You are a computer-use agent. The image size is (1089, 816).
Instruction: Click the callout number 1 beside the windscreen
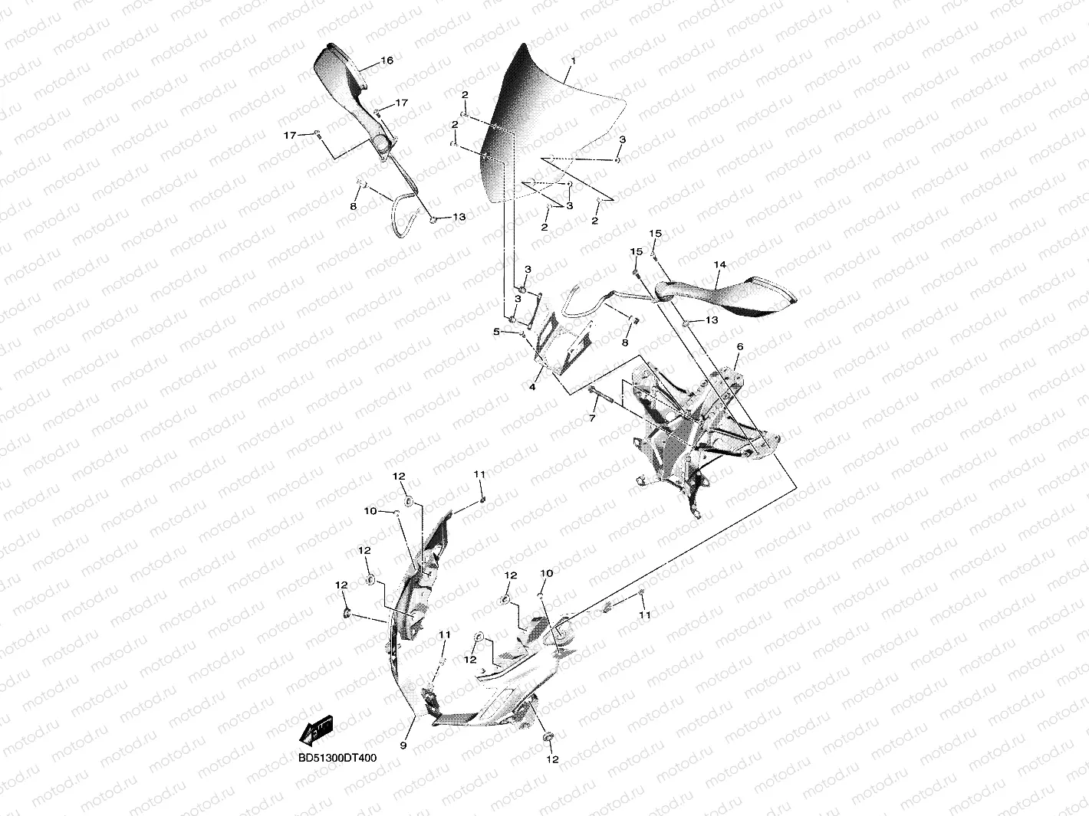coord(574,61)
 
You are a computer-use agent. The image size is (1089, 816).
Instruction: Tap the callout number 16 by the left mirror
coord(387,61)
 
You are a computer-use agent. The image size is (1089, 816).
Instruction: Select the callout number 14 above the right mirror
coord(720,264)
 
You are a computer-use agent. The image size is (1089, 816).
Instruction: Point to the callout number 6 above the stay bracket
coord(740,347)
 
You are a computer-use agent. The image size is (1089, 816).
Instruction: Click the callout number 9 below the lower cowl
coord(403,746)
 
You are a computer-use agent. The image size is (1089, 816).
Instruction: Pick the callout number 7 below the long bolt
coord(592,418)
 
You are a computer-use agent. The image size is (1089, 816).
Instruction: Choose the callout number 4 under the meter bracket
coord(532,387)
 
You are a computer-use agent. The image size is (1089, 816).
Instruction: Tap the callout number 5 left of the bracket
coord(497,332)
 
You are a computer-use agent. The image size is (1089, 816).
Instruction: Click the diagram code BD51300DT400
coord(337,758)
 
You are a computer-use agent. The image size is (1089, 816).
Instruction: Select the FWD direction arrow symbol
coord(316,730)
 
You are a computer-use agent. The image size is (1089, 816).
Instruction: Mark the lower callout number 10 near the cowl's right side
coord(546,573)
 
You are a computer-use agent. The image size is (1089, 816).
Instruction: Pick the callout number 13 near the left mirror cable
coord(459,217)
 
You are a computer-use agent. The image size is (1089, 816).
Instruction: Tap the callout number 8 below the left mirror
coord(354,206)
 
